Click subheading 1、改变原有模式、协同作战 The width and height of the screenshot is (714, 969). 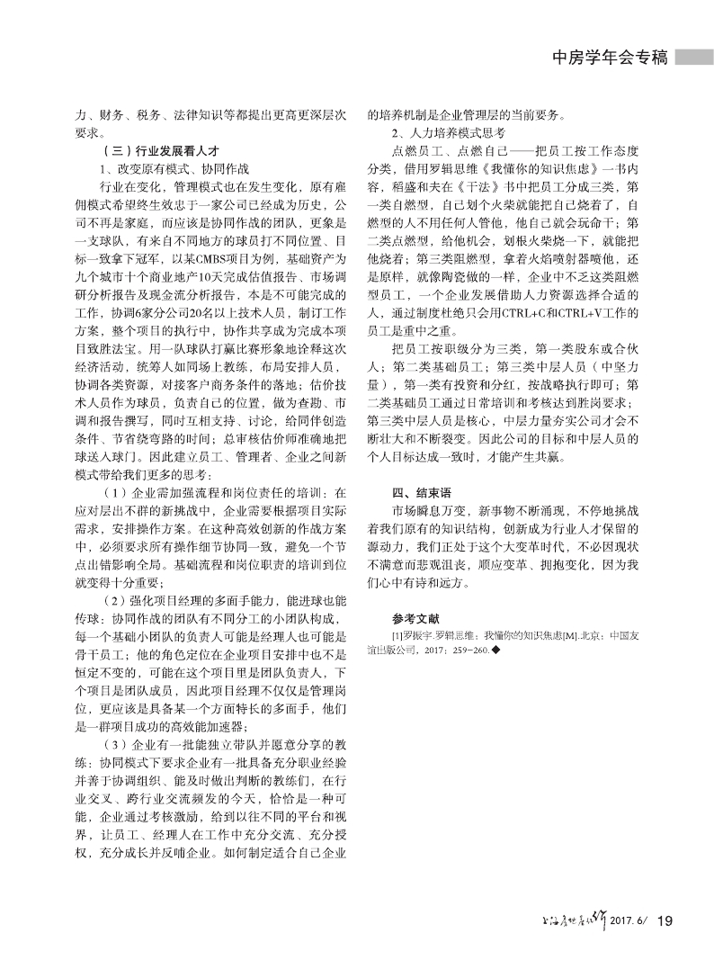[163, 168]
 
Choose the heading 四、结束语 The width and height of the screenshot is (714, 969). [421, 493]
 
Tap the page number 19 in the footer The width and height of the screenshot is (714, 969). [665, 920]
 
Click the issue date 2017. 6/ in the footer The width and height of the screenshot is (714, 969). [629, 920]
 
